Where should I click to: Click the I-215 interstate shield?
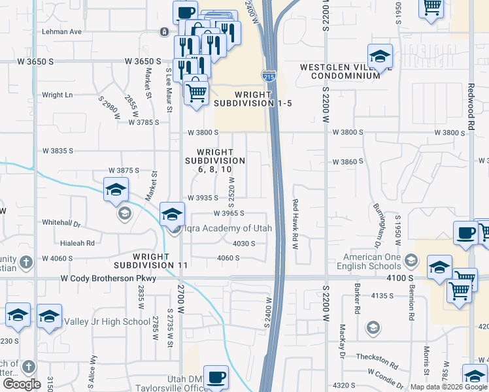click(x=268, y=77)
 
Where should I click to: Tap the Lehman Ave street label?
click(x=62, y=31)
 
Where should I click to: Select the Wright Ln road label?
click(x=58, y=95)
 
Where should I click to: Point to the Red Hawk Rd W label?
click(x=295, y=225)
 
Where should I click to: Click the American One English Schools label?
click(x=369, y=262)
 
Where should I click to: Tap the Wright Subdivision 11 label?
click(x=151, y=261)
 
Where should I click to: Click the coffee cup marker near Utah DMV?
click(x=216, y=377)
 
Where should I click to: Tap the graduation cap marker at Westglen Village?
click(x=379, y=57)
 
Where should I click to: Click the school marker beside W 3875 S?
click(x=116, y=189)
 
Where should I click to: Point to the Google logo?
click(x=22, y=384)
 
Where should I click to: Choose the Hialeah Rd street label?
click(x=77, y=242)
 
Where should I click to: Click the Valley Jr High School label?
click(x=107, y=321)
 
